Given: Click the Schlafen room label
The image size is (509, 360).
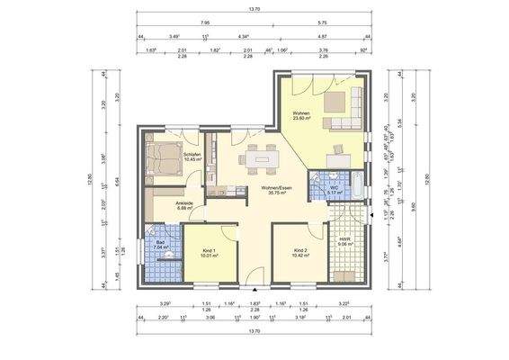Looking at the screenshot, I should [x=191, y=156].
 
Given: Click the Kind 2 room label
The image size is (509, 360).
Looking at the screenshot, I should [x=301, y=253].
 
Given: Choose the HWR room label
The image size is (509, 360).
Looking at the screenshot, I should [x=344, y=241].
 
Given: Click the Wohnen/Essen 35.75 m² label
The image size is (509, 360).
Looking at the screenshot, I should [x=276, y=190].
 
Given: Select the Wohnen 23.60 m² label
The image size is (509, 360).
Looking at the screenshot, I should [x=301, y=116].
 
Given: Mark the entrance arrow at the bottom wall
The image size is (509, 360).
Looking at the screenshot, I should [x=255, y=290].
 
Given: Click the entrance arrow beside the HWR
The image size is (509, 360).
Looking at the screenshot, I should [x=371, y=216].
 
